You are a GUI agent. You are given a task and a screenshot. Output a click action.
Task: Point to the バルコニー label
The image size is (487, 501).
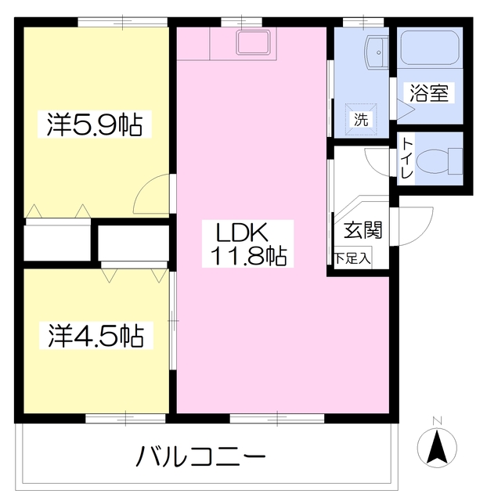[203, 456]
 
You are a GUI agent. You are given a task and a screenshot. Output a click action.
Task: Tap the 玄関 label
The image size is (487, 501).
[363, 230]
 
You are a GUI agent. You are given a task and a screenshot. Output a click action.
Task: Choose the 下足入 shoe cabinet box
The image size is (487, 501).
[352, 258]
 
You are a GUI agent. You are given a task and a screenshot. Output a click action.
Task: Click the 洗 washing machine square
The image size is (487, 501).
[360, 120]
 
